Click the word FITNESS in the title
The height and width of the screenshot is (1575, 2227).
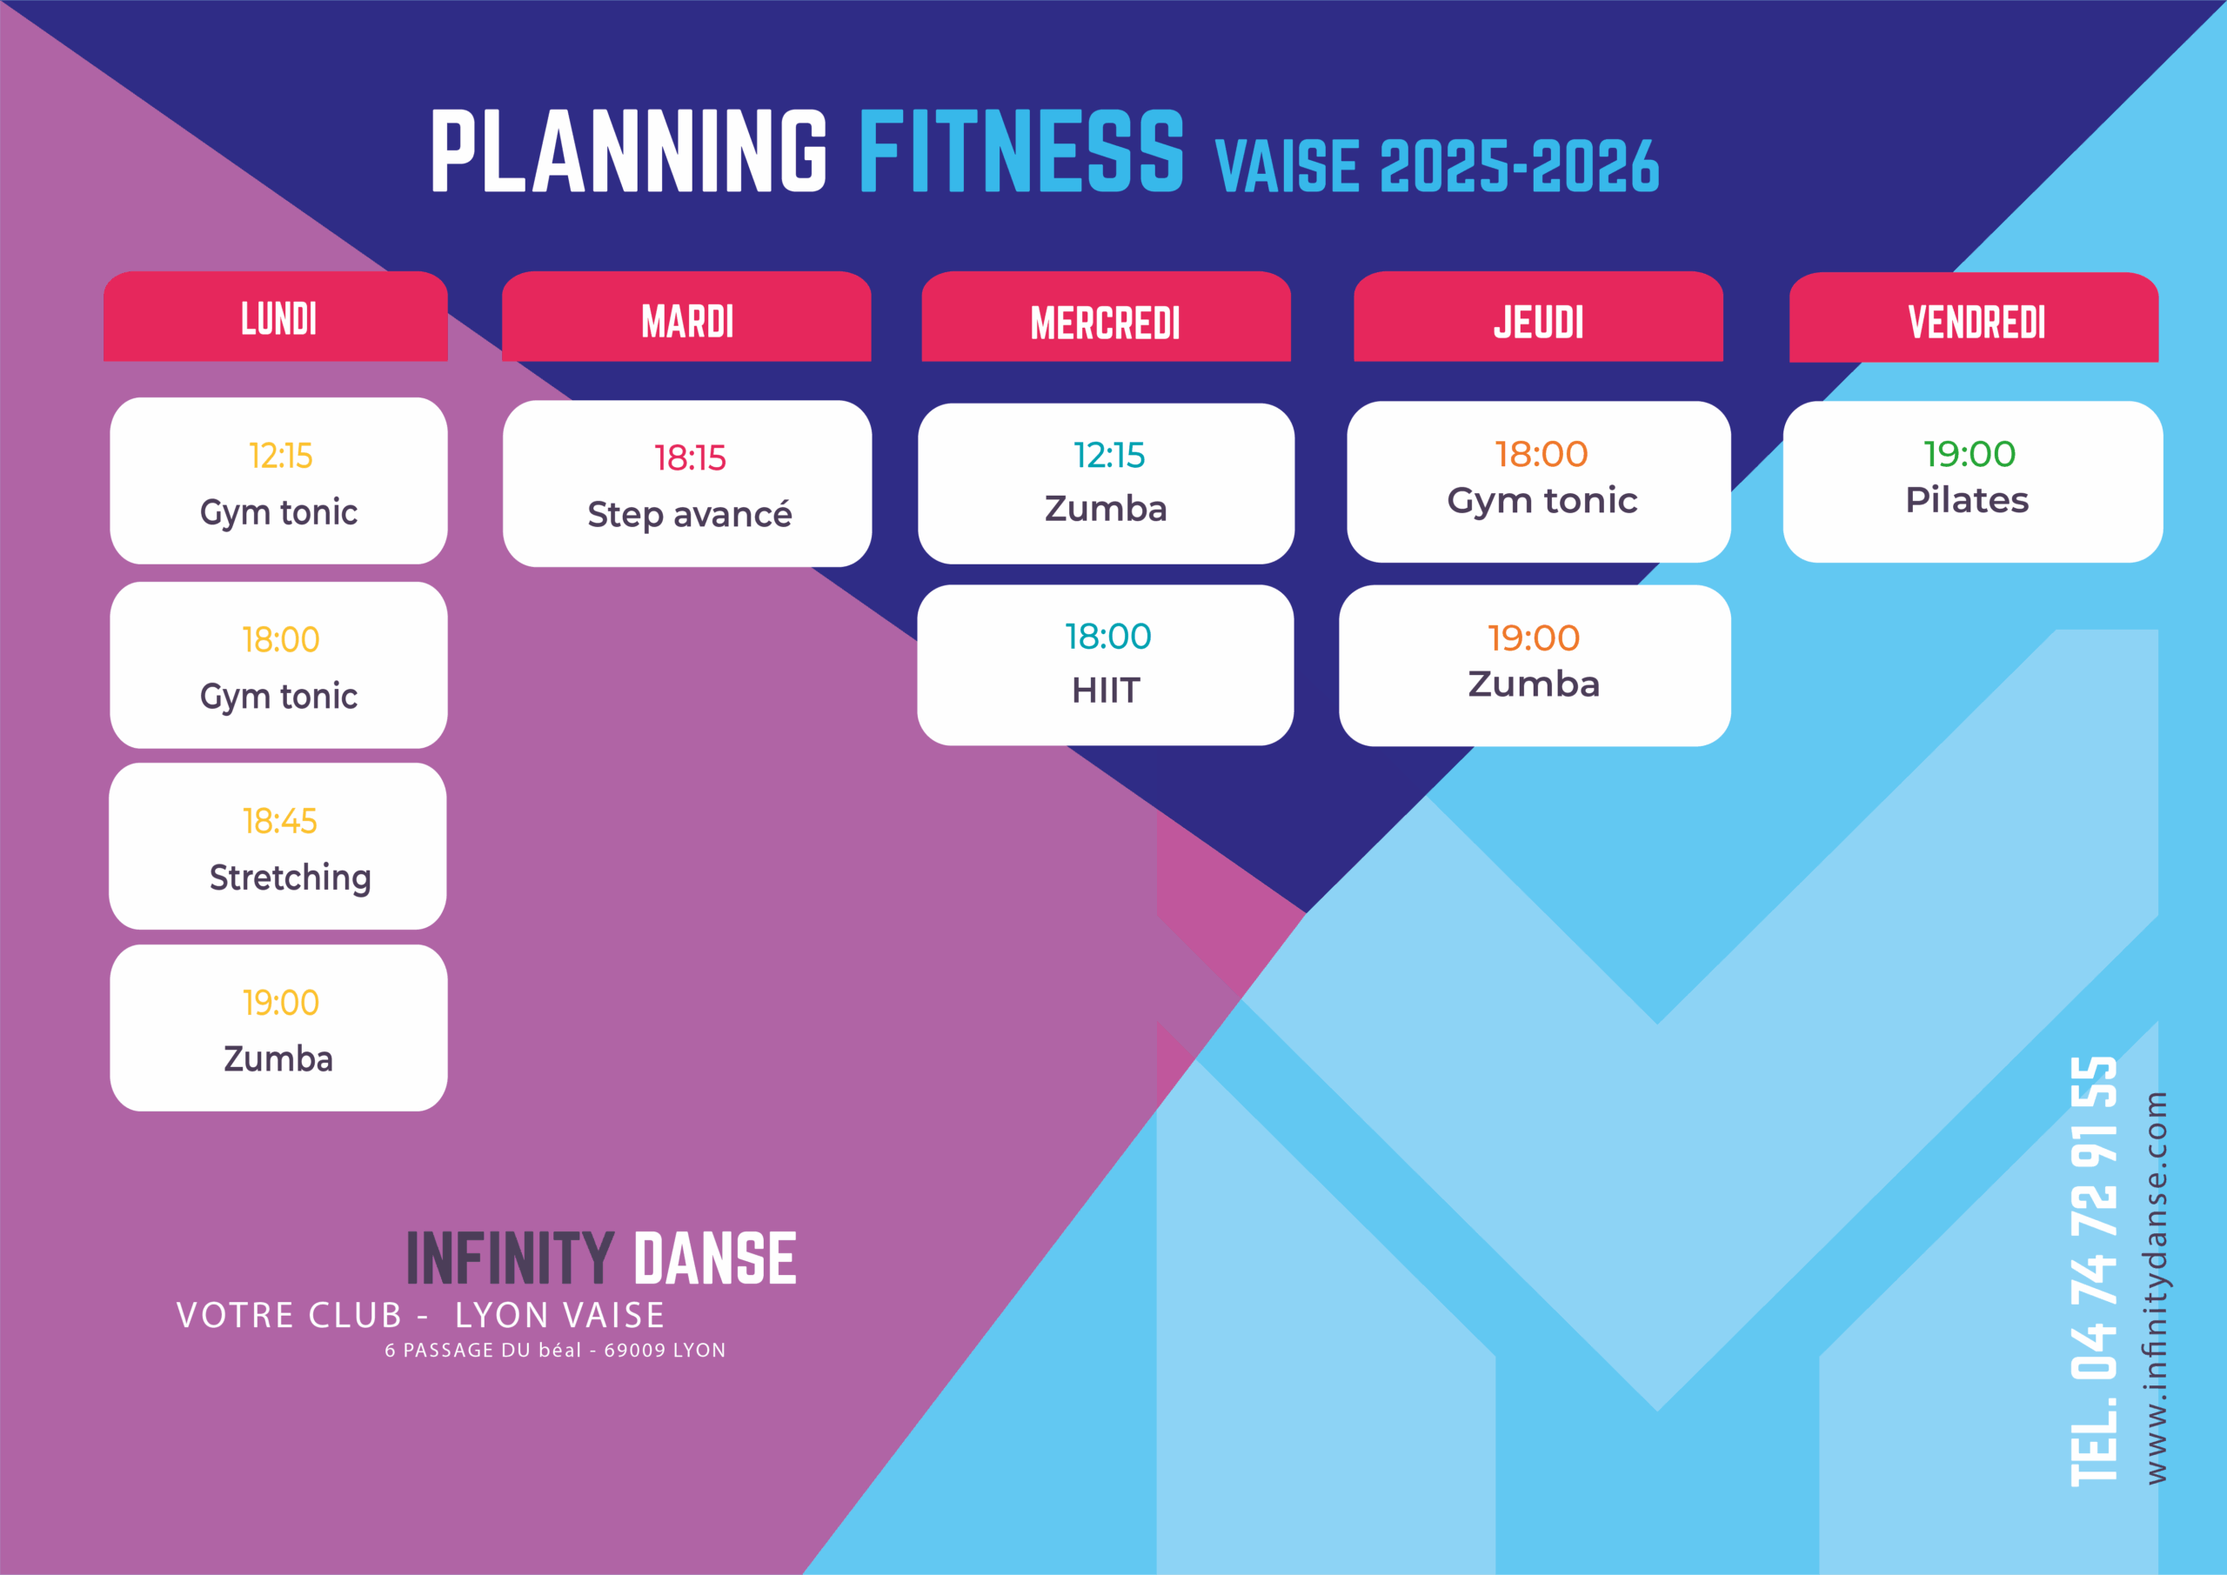1021,151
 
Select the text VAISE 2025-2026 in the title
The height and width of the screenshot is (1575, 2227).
1436,166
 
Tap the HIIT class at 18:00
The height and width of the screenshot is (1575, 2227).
1106,665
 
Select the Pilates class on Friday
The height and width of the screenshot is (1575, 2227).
1973,482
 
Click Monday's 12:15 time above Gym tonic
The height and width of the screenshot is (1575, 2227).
280,456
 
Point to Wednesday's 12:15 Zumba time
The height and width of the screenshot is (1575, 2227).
1108,455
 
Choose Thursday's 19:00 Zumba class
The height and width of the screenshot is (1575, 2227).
1535,665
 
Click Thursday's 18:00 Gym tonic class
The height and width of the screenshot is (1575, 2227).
1539,482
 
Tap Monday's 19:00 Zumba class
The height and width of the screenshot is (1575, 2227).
278,1028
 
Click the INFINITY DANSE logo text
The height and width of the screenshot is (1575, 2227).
601,1258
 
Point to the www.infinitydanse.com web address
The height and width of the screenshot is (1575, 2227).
2155,1288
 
